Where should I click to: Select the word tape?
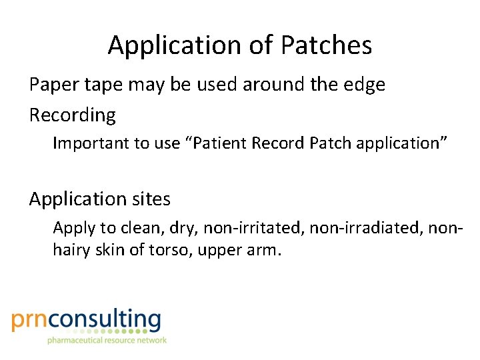106,85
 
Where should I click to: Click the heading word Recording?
72,115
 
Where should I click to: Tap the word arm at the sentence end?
264,251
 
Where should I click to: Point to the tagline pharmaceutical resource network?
107,340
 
